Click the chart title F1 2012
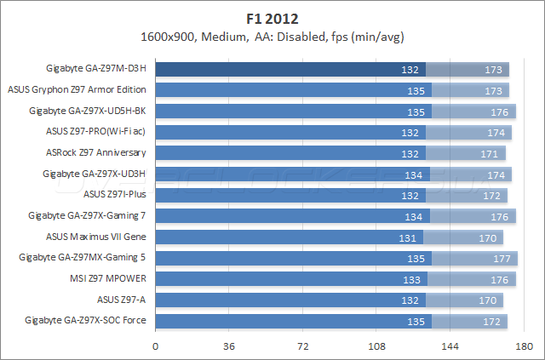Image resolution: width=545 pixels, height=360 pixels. click(x=272, y=17)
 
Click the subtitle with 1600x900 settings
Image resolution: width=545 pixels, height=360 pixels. click(x=272, y=37)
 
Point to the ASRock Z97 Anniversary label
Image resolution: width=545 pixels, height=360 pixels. click(x=95, y=152)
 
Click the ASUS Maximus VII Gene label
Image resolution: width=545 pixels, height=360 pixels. click(x=95, y=236)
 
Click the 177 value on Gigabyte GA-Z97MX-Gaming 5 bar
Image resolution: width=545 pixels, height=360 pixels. click(x=501, y=258)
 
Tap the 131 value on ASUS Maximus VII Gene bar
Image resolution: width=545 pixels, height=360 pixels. click(x=410, y=237)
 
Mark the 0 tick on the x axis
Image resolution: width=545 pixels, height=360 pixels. click(x=155, y=346)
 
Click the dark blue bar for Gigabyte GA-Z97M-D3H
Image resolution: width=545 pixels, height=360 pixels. click(x=290, y=69)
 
